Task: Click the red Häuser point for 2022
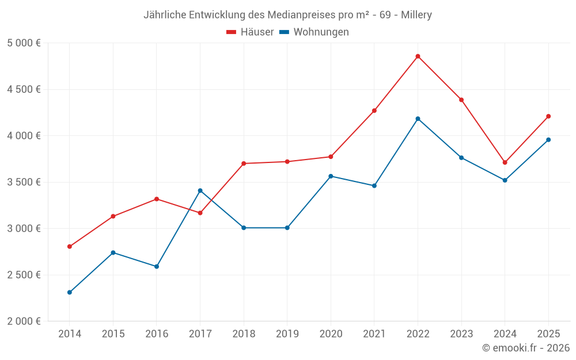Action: tap(418, 56)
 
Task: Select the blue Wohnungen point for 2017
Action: tap(200, 191)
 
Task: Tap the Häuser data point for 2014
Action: tap(70, 247)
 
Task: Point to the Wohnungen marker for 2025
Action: tap(548, 140)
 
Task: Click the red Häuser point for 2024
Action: tap(505, 162)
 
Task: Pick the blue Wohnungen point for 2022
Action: tap(418, 119)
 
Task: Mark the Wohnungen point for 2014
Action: tap(70, 293)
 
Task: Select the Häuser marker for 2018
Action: tap(244, 164)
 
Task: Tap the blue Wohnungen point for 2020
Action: tap(331, 176)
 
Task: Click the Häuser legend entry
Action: tap(250, 32)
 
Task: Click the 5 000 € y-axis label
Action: tap(24, 43)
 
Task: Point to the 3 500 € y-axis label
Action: tap(24, 182)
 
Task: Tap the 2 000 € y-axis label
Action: tap(24, 321)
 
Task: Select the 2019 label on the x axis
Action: tap(287, 334)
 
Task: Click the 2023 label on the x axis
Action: tap(461, 334)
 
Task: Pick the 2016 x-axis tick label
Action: tap(157, 334)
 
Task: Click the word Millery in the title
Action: tap(414, 15)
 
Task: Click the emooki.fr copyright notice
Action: tap(526, 348)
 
